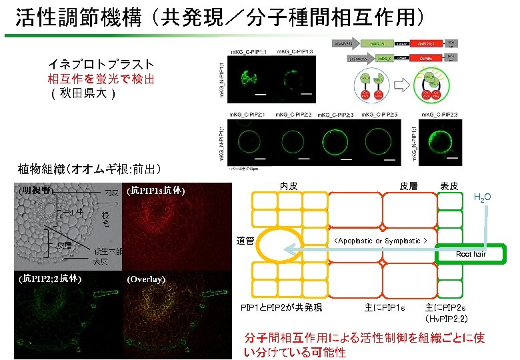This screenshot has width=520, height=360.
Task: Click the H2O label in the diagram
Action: [x=481, y=197]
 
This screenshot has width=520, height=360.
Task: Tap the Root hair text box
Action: [x=471, y=254]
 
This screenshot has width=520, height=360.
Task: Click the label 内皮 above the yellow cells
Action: [x=289, y=186]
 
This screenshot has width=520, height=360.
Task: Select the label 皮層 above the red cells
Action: [x=408, y=186]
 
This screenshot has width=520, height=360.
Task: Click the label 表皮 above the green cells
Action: [x=449, y=186]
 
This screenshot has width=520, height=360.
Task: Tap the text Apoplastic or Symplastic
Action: [x=381, y=241]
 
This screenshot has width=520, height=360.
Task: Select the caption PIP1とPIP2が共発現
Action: [x=281, y=307]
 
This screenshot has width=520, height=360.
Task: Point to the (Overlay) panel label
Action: [x=146, y=279]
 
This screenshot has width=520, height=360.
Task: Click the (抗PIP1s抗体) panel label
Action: [x=156, y=191]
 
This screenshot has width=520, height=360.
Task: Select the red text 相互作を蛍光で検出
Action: [x=101, y=79]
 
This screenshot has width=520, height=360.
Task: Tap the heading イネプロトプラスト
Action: [x=101, y=65]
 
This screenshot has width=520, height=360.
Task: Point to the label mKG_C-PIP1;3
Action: [x=293, y=51]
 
